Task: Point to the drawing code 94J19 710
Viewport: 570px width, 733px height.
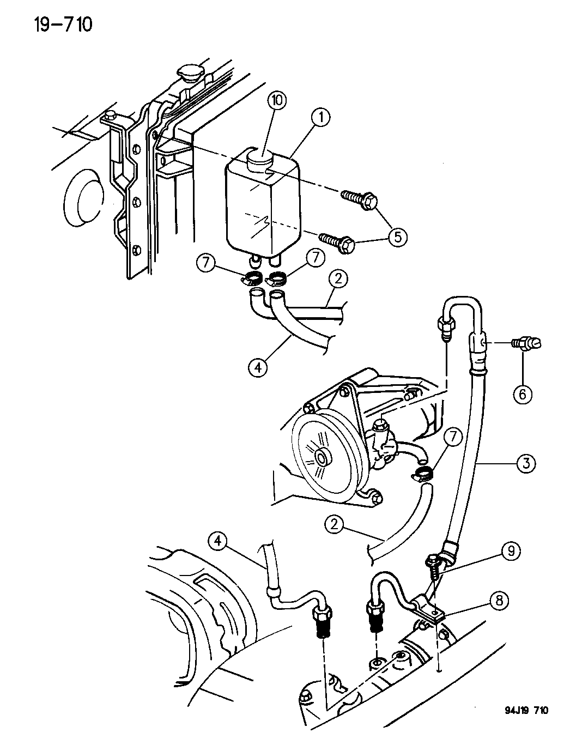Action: point(519,711)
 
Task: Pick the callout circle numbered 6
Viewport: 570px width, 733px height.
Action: point(522,393)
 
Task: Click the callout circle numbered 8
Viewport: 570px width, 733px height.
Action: point(500,601)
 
